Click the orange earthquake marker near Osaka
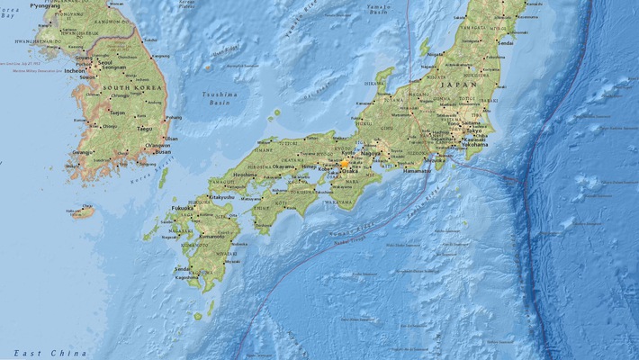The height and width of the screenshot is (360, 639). click(344, 164)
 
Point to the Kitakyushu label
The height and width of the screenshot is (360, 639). click(219, 196)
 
